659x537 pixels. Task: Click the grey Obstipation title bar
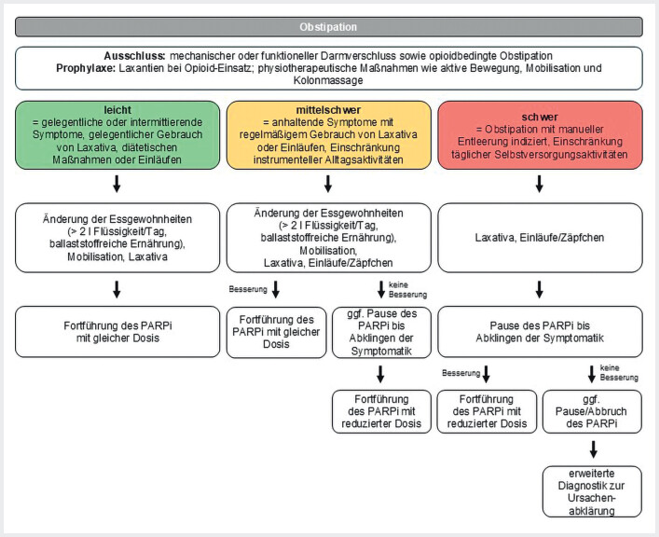point(329,27)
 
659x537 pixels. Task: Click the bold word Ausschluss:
point(134,56)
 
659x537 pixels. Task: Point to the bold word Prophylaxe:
point(86,68)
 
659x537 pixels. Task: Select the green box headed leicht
point(117,135)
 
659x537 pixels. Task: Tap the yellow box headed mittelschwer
point(329,135)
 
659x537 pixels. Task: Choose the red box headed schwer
point(540,135)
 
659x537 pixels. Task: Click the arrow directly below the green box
point(117,184)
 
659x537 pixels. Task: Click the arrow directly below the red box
point(540,184)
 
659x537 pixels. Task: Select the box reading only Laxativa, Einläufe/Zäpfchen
point(540,238)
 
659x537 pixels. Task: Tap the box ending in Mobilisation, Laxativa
point(117,238)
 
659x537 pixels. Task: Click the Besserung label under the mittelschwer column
point(248,289)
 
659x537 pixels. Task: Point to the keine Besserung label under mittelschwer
point(407,290)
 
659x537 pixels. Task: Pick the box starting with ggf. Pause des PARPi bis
point(381,332)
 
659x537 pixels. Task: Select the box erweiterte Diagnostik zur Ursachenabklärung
point(592,491)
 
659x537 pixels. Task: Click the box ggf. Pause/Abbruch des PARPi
point(592,412)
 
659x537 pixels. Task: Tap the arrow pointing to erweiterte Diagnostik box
point(594,449)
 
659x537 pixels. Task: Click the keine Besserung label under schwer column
point(619,373)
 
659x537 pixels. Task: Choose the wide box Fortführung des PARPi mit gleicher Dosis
point(117,332)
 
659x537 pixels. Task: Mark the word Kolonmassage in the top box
point(328,80)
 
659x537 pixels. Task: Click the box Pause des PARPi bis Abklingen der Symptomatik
point(540,332)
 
